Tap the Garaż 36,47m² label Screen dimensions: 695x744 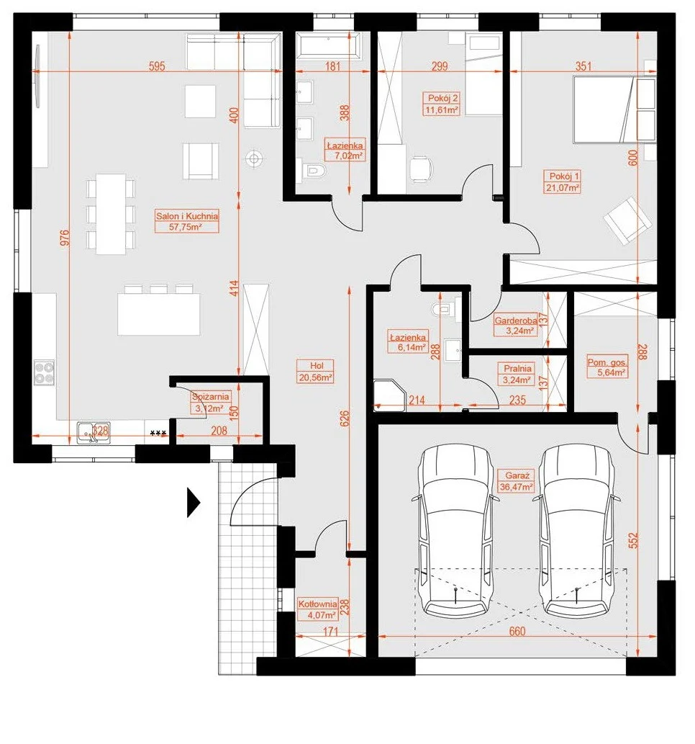517,480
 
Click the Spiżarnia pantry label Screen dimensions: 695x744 210,403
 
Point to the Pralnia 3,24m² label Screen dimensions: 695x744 517,374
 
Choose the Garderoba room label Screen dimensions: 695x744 516,326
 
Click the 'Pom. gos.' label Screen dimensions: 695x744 607,367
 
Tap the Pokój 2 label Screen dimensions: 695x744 442,104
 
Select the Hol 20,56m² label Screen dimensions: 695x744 316,372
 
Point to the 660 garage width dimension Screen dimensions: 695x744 517,631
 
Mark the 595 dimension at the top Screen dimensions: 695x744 157,66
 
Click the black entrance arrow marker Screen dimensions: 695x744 193,502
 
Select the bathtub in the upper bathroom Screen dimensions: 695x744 328,45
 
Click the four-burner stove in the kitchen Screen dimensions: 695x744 44,372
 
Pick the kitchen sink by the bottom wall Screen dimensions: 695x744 94,433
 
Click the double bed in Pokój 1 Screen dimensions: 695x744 603,109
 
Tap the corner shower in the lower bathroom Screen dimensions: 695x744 390,395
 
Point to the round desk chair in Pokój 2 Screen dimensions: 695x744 421,169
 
